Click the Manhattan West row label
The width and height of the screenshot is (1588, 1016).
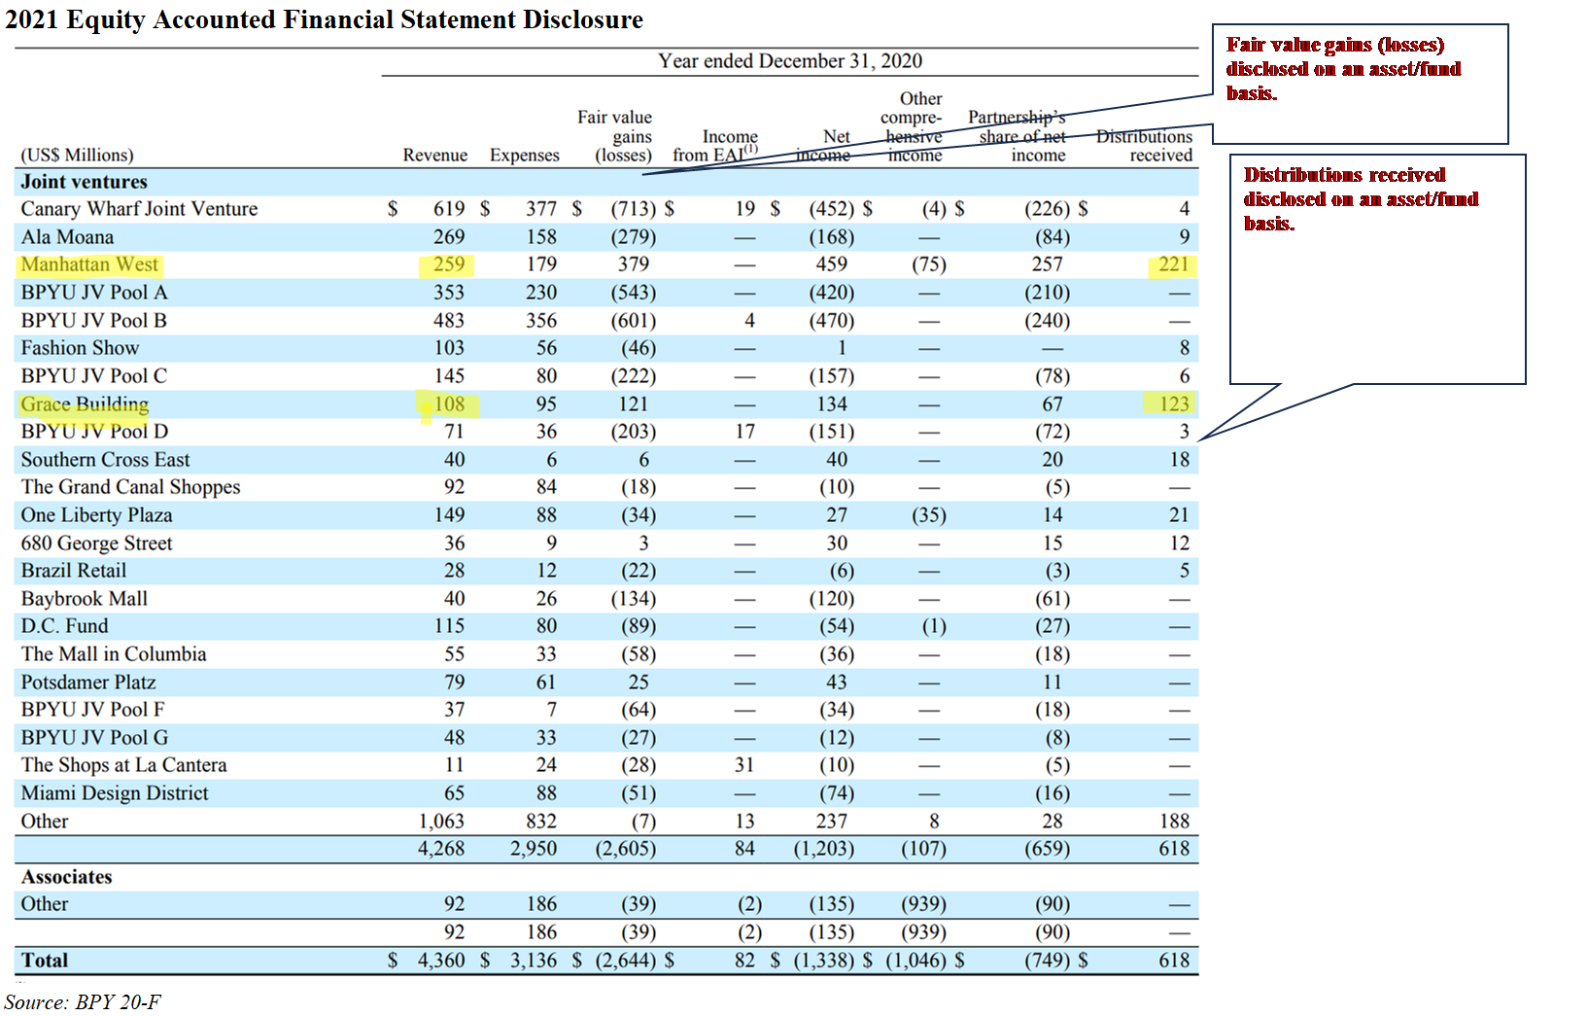89,264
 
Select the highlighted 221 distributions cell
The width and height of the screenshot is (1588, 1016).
1173,264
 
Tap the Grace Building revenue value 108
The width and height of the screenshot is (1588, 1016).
449,403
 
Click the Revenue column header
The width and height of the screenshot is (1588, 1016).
434,156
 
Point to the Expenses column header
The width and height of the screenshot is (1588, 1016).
524,156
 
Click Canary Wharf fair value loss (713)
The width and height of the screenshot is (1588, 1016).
633,209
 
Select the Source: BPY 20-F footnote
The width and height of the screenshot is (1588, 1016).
84,1001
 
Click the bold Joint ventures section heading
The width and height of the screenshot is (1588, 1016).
85,182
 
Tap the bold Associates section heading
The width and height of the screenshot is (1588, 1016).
67,877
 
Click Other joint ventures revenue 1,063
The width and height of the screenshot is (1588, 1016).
441,822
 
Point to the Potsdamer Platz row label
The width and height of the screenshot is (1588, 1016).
88,683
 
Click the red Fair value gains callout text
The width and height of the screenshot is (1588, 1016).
1343,69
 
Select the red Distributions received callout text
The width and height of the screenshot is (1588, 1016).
1361,198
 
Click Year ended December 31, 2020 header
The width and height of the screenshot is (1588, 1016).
789,61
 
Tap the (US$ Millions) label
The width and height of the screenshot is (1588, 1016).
78,156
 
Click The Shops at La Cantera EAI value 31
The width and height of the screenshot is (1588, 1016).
743,765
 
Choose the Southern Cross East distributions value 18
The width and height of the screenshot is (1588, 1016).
1179,460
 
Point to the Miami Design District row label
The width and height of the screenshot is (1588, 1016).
115,793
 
